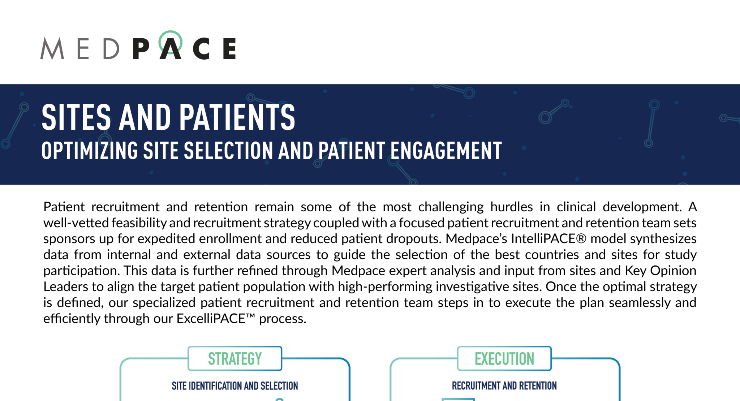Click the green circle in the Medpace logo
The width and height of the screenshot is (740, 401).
pos(170,41)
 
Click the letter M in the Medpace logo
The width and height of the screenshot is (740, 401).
pos(52,48)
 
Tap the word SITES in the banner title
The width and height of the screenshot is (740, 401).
pos(76,117)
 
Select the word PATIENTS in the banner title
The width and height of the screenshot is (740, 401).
pos(237,117)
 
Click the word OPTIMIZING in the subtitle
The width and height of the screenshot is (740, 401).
pos(89,151)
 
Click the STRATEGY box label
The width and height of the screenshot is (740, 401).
pos(235,359)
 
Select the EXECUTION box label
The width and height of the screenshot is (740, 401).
pos(504,359)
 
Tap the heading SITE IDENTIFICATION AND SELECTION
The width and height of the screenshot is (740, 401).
pos(235,386)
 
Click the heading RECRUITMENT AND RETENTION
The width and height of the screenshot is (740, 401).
pos(504,386)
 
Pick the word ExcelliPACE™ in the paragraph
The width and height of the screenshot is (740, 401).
pos(216,319)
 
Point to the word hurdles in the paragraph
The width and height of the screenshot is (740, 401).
pos(511,207)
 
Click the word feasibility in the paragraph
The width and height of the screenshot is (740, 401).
pos(139,223)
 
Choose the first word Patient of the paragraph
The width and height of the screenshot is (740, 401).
pos(64,207)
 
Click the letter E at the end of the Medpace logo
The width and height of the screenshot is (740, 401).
pos(229,48)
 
